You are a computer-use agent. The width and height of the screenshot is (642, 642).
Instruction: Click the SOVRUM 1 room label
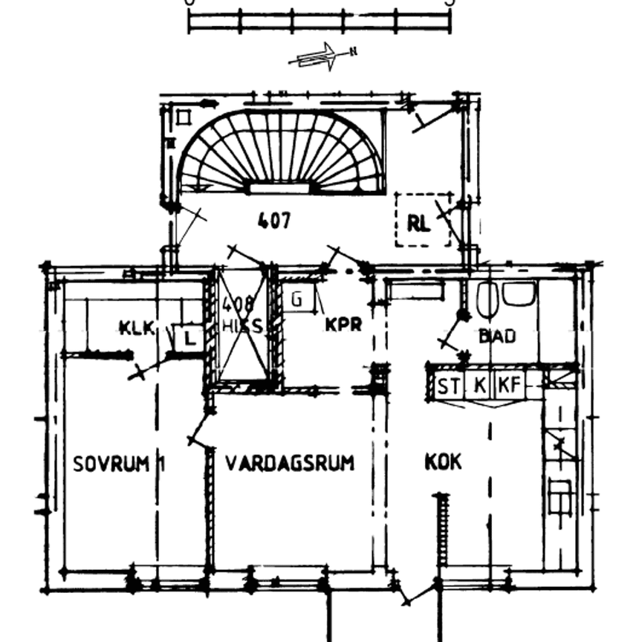click(119, 464)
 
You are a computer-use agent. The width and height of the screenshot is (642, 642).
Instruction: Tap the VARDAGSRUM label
click(289, 463)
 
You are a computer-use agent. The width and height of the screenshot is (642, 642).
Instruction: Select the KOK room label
click(443, 462)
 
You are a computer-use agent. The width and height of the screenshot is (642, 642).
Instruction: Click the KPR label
click(343, 325)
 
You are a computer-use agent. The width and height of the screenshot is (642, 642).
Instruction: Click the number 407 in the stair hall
click(274, 221)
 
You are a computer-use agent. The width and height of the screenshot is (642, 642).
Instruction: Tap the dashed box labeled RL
click(422, 221)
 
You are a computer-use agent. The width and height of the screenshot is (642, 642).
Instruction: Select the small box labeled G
click(297, 300)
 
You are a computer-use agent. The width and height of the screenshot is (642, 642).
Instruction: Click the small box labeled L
click(189, 339)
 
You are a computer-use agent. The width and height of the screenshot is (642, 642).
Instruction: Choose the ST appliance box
click(447, 386)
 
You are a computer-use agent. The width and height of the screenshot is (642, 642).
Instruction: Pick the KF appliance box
click(508, 386)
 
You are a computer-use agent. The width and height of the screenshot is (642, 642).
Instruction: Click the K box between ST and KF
click(479, 386)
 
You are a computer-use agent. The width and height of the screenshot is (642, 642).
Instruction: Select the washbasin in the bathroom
click(519, 293)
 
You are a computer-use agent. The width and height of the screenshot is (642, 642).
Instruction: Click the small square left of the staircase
click(184, 117)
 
